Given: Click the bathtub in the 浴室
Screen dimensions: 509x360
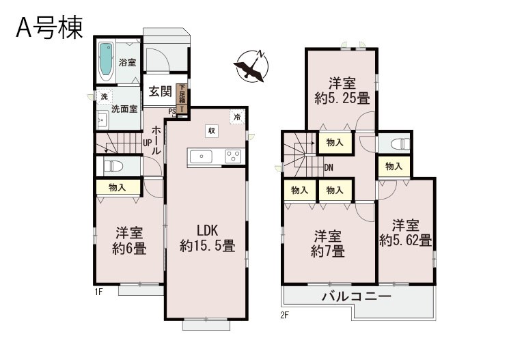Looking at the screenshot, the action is pos(106,61).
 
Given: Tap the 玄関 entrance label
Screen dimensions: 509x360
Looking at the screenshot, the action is pos(160,92).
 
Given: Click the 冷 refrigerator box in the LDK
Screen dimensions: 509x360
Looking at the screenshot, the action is pos(237,117).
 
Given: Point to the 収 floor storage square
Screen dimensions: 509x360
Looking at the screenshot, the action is pos(211,131).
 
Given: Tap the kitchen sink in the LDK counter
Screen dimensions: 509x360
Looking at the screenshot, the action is pos(202,157).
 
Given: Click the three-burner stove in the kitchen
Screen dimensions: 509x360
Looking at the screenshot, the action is pos(233,156).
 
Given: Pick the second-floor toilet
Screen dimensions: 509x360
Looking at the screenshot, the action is pos(400,144).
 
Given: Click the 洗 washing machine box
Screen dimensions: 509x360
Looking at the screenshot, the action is pos(104,96).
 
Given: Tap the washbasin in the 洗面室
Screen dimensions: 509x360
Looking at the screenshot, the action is pos(102,120).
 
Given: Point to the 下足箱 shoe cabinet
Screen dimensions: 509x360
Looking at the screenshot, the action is pos(182,94).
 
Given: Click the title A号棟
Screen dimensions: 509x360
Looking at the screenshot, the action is pos(49,28).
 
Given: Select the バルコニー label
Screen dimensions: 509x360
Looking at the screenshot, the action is pos(357,296).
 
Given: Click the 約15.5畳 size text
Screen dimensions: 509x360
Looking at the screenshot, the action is pos(208,246).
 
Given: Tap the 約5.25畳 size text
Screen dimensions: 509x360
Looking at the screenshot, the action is pos(342,98).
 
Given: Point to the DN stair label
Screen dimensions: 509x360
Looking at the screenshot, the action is pos(329,168).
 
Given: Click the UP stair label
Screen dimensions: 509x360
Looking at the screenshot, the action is pos(148,143).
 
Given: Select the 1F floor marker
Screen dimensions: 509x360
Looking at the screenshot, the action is pos(98,292).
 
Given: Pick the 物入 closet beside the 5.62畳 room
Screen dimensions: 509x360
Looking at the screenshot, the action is pos(394,167).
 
